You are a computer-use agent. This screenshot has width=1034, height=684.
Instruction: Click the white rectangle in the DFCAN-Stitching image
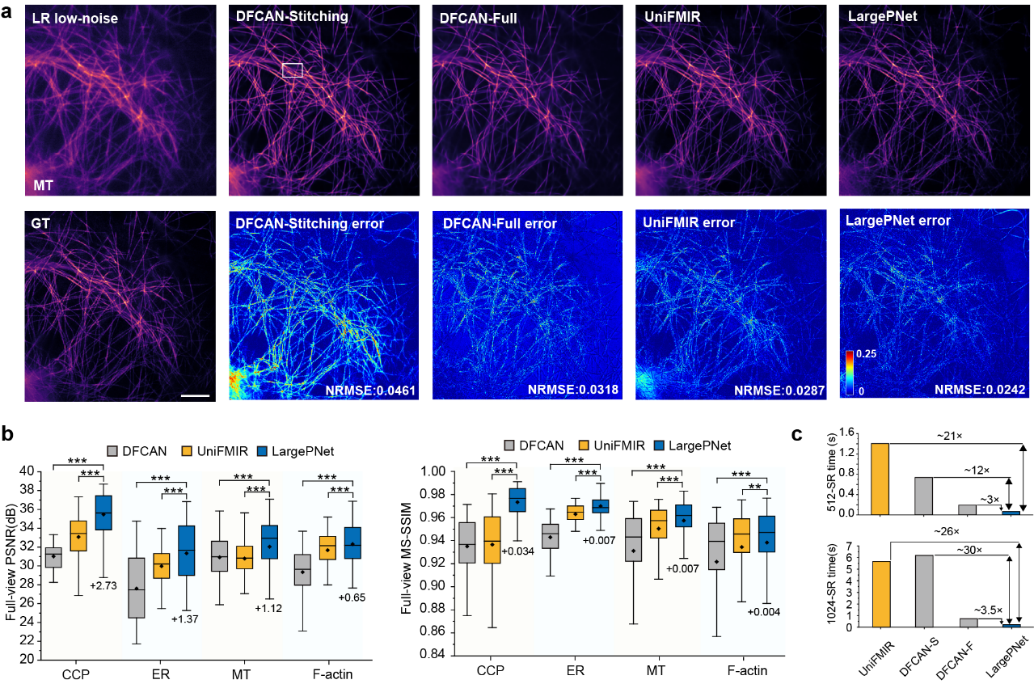pos(292,70)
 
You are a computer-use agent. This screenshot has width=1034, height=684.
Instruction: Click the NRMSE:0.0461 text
pos(370,391)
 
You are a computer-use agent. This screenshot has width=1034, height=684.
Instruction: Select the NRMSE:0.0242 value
pos(980,390)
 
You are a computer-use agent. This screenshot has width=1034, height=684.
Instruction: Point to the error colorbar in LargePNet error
pos(850,373)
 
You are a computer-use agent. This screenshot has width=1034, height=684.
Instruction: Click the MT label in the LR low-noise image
pos(44,185)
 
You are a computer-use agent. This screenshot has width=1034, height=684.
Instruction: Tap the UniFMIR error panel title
pos(688,222)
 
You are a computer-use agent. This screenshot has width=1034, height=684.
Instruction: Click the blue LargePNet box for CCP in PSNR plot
pos(103,513)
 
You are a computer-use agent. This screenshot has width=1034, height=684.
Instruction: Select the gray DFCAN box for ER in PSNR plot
pos(137,588)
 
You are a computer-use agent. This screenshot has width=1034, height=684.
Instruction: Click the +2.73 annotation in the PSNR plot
pos(103,585)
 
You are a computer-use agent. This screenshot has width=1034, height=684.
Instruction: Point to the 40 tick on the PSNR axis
pos(27,471)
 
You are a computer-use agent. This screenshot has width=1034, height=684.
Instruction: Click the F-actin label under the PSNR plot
pos(332,674)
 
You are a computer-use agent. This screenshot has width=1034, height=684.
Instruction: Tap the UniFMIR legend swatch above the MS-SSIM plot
pos(584,445)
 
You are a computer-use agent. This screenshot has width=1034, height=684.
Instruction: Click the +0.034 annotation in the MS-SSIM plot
pos(517,551)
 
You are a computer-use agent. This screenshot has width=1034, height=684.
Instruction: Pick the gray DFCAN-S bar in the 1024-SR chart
pos(924,591)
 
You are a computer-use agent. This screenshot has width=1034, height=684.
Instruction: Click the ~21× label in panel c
pos(950,436)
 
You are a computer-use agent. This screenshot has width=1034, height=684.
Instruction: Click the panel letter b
pos(8,434)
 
